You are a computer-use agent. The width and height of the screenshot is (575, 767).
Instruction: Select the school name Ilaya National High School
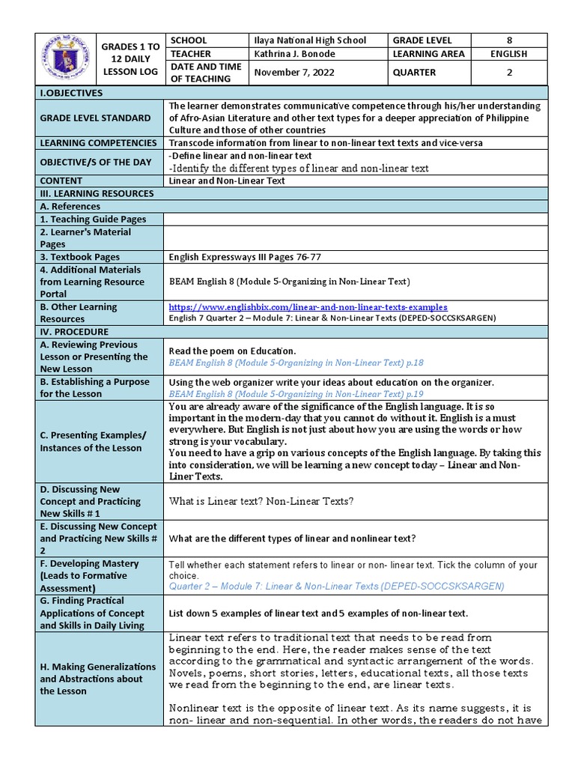click(310, 40)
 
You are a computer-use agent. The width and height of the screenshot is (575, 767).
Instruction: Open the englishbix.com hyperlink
click(308, 307)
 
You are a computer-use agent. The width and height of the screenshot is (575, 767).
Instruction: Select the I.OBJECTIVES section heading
click(72, 93)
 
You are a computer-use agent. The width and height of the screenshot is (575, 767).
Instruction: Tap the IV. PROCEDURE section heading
click(75, 332)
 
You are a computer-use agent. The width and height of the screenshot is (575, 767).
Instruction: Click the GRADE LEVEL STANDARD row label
click(95, 118)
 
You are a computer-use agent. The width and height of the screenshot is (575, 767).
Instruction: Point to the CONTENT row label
click(61, 181)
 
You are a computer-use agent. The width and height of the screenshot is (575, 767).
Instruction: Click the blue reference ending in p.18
click(296, 363)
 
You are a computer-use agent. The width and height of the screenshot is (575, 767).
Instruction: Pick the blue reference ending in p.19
click(296, 393)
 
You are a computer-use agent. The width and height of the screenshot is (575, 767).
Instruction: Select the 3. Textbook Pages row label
click(80, 257)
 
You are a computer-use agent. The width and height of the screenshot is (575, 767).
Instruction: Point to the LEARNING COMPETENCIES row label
click(99, 143)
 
